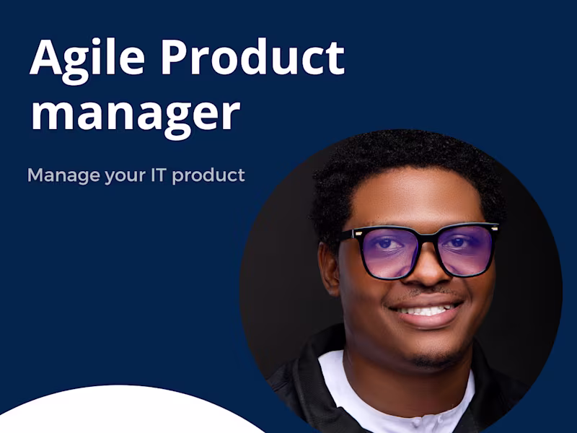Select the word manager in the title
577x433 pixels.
coord(134,113)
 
